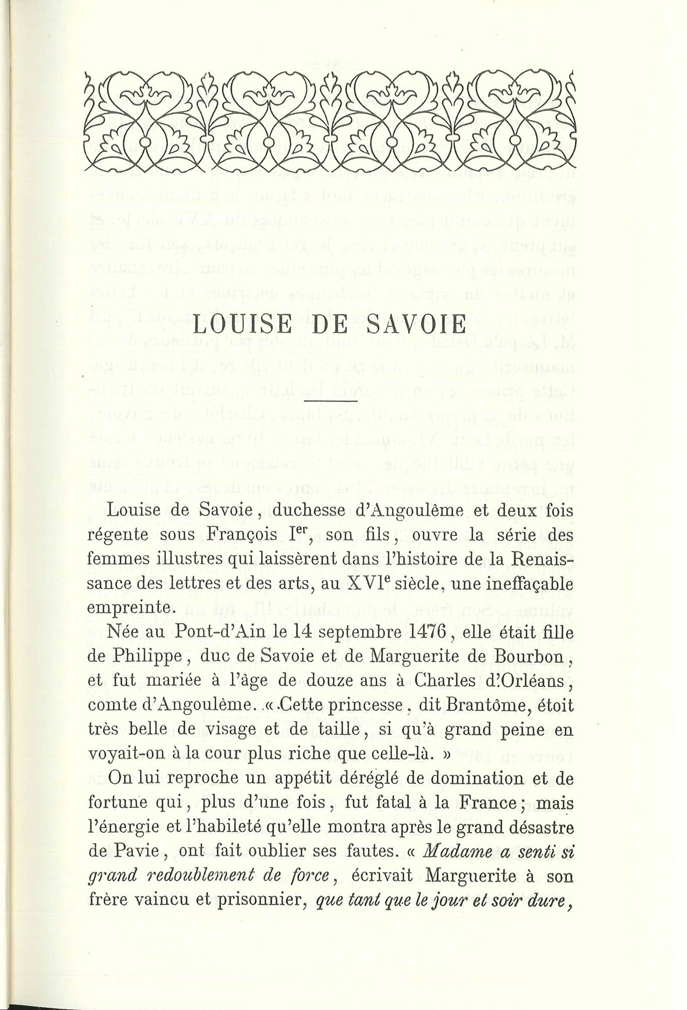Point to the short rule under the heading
pos(331,401)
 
